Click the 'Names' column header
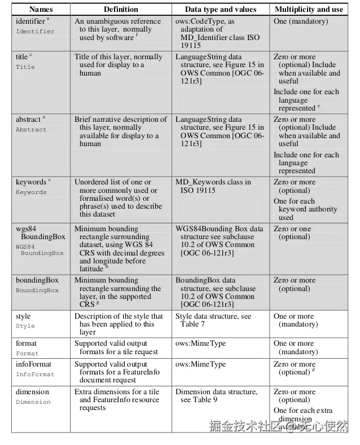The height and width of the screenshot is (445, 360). [x=41, y=9]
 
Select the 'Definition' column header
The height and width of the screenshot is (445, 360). [x=121, y=9]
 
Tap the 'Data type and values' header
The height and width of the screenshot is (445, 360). [x=221, y=9]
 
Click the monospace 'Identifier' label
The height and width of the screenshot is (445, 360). [x=35, y=32]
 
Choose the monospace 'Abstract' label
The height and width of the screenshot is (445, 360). [x=31, y=130]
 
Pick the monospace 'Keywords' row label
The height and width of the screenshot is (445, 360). [x=31, y=192]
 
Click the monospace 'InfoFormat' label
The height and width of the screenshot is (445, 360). [x=35, y=374]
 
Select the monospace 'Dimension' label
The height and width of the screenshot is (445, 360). [x=33, y=402]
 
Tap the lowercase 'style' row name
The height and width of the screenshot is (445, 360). [x=23, y=316]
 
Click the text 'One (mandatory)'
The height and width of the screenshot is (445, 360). [x=301, y=21]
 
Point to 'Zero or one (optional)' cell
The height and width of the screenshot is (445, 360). [x=293, y=233]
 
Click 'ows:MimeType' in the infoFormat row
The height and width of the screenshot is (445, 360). [x=197, y=364]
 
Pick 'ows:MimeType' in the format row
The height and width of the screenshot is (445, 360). [x=197, y=343]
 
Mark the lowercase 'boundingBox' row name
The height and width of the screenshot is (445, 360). [x=37, y=280]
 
